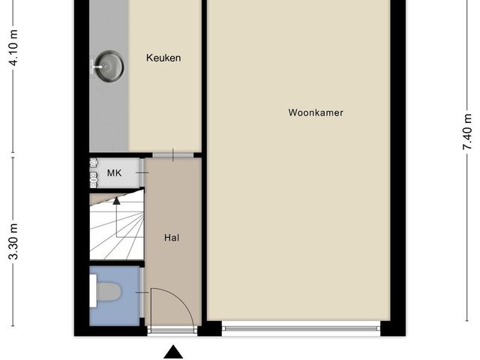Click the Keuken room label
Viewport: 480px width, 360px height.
[x=163, y=58]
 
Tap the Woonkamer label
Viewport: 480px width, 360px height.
[x=316, y=113]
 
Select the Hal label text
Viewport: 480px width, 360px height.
[x=172, y=238]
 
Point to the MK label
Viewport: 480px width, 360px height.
[x=114, y=173]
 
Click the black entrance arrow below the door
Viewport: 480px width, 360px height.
[x=173, y=351]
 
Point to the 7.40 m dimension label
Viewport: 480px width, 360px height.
[x=468, y=132]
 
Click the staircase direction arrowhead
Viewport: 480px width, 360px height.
[x=116, y=199]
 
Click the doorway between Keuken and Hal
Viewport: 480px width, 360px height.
[x=173, y=155]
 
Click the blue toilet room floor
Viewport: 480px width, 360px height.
[x=124, y=307]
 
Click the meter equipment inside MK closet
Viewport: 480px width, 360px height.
[x=94, y=172]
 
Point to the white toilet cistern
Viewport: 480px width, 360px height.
[x=92, y=292]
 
